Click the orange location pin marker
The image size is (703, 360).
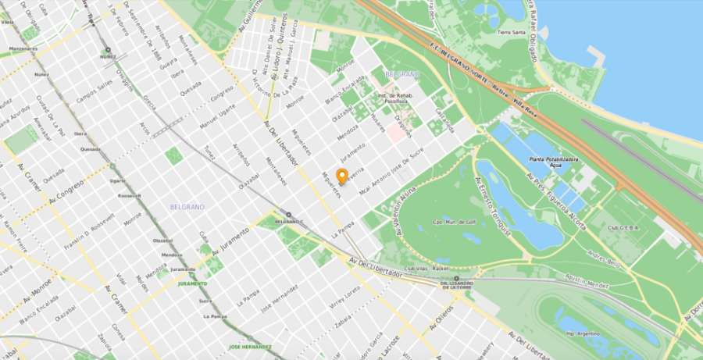(341, 176)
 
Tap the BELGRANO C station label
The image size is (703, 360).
(288, 222)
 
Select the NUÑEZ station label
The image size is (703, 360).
(108, 58)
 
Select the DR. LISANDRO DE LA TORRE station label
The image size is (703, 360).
(458, 283)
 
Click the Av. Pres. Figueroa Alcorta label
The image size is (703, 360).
(559, 203)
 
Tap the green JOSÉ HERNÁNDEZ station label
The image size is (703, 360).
(251, 346)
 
